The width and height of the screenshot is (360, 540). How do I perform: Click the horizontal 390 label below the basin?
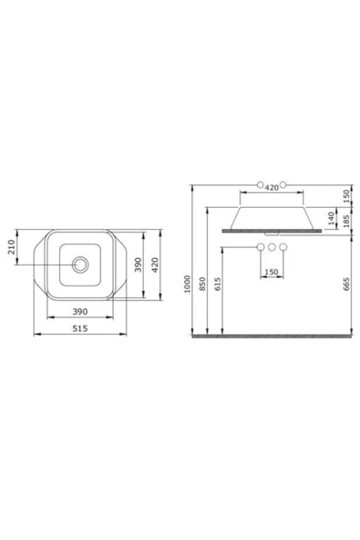[x=80, y=311]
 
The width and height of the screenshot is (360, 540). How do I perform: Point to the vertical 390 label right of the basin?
[x=138, y=265]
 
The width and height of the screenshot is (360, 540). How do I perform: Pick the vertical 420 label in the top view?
[x=156, y=265]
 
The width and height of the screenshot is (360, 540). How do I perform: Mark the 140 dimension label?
[x=333, y=218]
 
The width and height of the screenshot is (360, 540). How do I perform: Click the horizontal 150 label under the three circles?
[x=271, y=272]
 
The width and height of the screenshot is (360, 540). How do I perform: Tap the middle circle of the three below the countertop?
[x=271, y=248]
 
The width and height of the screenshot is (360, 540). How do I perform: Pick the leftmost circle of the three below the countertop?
[x=260, y=248]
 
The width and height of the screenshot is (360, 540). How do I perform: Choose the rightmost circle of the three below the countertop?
[x=283, y=248]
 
